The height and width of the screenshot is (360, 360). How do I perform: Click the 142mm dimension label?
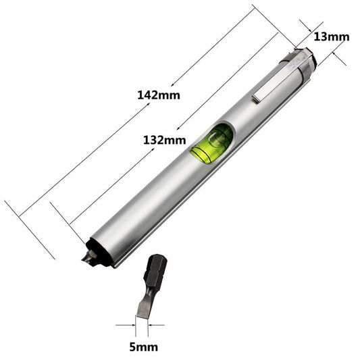(159, 95)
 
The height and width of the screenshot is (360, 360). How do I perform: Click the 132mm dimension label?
(164, 140)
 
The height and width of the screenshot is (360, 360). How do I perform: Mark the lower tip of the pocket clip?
(258, 101)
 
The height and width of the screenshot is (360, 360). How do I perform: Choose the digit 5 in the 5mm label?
(132, 347)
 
